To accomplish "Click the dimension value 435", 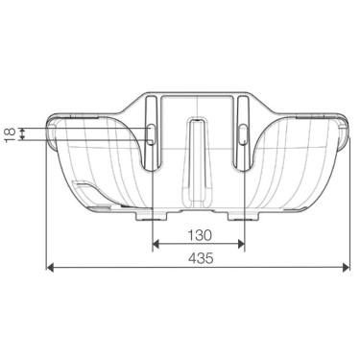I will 198,258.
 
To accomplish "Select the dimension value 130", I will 198,233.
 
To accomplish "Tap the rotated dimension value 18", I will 11,134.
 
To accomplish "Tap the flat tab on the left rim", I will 65,115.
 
